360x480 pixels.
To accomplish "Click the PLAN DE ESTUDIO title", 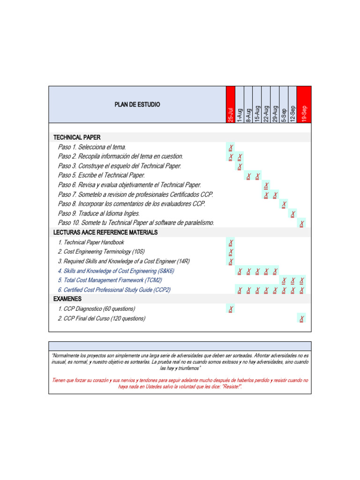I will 137,104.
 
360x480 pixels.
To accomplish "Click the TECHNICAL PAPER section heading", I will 77,137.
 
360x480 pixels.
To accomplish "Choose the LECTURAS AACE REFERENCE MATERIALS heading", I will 105,232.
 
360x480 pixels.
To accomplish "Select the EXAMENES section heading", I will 67,299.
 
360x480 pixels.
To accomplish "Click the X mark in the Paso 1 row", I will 231,147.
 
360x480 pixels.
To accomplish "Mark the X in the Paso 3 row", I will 240,166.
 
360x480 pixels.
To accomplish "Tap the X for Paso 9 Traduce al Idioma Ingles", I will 293,214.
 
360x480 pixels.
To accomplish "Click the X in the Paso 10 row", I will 301,224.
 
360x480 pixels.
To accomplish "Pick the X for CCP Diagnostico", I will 231,309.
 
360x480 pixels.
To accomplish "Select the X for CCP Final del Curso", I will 301,319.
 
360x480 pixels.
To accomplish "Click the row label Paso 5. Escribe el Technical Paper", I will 102,175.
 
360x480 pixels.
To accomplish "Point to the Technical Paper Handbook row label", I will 91,242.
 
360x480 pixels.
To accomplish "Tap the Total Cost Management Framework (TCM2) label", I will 110,280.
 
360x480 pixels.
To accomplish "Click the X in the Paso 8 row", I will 284,204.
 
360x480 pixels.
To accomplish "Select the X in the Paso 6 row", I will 266,185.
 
